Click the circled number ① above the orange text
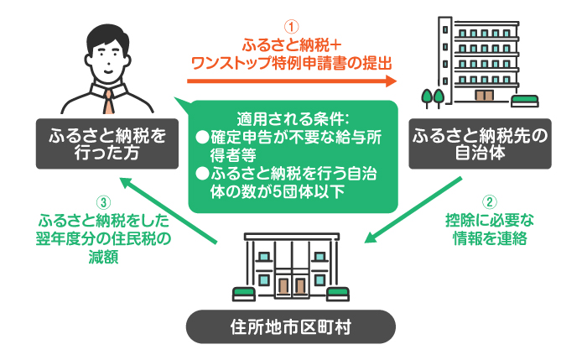point(291,27)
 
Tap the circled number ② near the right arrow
point(489,202)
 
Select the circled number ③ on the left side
point(103,202)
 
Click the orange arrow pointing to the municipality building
point(292,81)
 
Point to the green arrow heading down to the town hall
point(413,210)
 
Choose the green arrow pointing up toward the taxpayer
point(169,211)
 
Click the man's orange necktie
point(108,102)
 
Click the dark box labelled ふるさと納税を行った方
point(107,143)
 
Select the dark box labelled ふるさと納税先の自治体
point(480,143)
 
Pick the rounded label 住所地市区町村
point(291,326)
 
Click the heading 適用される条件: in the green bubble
point(293,119)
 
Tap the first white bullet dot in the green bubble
point(202,138)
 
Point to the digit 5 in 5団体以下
point(277,192)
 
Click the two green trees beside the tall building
point(433,98)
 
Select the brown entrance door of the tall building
point(484,96)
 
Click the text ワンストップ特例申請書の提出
point(292,63)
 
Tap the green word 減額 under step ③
point(104,257)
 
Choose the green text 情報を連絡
point(490,238)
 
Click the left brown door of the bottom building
point(283,286)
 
